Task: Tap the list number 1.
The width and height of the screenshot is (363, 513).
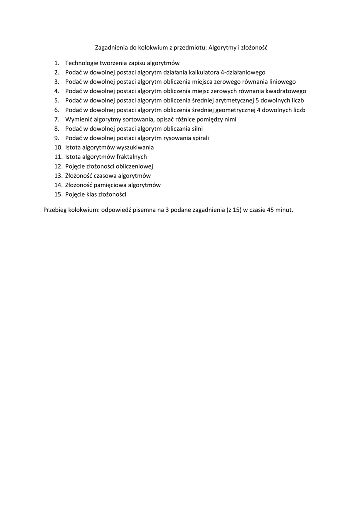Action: [x=57, y=63]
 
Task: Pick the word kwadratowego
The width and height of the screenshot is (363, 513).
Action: [x=285, y=91]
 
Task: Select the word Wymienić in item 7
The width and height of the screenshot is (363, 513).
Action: [x=78, y=119]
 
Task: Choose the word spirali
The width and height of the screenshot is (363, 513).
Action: [x=199, y=138]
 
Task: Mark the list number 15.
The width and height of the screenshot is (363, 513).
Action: [x=57, y=194]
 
